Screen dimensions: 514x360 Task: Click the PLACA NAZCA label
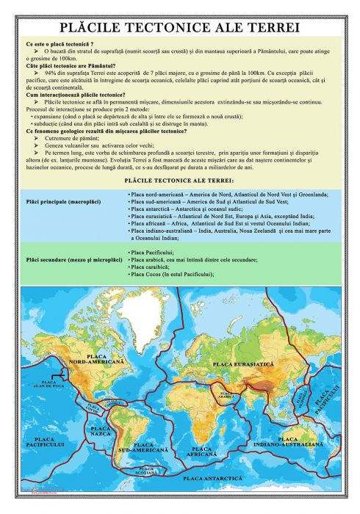[x=101, y=430]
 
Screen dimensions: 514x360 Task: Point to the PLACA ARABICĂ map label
[x=226, y=394]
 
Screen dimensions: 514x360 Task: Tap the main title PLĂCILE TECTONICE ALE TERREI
[x=180, y=27]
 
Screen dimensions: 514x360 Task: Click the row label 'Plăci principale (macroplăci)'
[x=62, y=200]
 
